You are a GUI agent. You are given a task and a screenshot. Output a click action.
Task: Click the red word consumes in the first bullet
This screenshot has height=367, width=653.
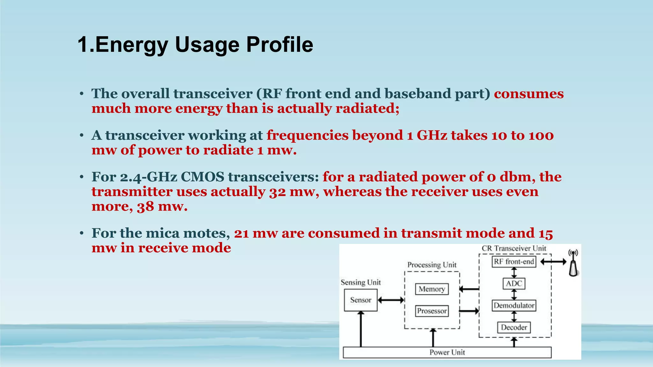click(x=529, y=94)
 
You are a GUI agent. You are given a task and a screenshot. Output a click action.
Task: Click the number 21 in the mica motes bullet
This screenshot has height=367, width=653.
click(x=241, y=234)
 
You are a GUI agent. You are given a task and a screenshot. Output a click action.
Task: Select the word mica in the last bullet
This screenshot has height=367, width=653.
click(x=161, y=233)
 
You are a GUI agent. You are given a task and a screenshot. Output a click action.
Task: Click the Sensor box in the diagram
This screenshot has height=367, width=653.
click(x=361, y=300)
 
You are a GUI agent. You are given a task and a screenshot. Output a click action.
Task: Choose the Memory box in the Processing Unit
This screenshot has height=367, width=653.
click(x=432, y=289)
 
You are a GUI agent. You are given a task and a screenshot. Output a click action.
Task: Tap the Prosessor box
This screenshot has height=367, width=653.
click(x=432, y=311)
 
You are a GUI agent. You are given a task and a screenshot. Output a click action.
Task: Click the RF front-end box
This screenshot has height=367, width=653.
click(x=514, y=262)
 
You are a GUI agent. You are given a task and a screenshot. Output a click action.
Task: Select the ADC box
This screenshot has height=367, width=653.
click(x=514, y=284)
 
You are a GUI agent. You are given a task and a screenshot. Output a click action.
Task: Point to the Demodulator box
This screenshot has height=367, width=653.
click(x=514, y=306)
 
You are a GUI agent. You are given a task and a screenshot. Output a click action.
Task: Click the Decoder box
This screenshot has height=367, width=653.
click(x=514, y=327)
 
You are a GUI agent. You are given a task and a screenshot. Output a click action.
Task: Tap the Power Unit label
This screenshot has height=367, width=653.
click(x=447, y=352)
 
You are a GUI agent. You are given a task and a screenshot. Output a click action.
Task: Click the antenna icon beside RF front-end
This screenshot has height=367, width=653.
click(x=573, y=264)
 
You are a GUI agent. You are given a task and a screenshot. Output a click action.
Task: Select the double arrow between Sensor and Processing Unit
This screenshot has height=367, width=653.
click(x=391, y=300)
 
